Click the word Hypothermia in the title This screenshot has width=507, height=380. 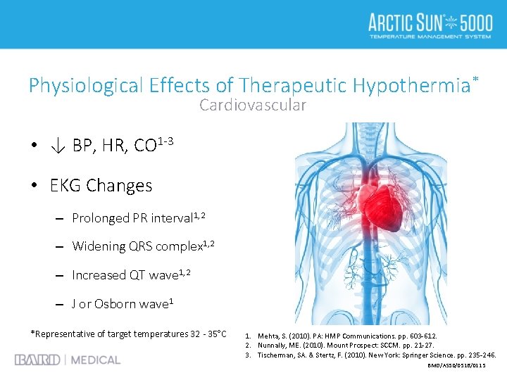point(411,86)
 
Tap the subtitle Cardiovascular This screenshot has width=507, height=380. point(253,106)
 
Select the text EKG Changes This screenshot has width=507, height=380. point(101,186)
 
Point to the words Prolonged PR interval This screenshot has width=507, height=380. point(131,218)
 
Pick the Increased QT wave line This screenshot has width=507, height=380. point(123,275)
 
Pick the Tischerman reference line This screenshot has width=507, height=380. point(370,355)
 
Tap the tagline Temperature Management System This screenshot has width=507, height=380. point(430,35)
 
